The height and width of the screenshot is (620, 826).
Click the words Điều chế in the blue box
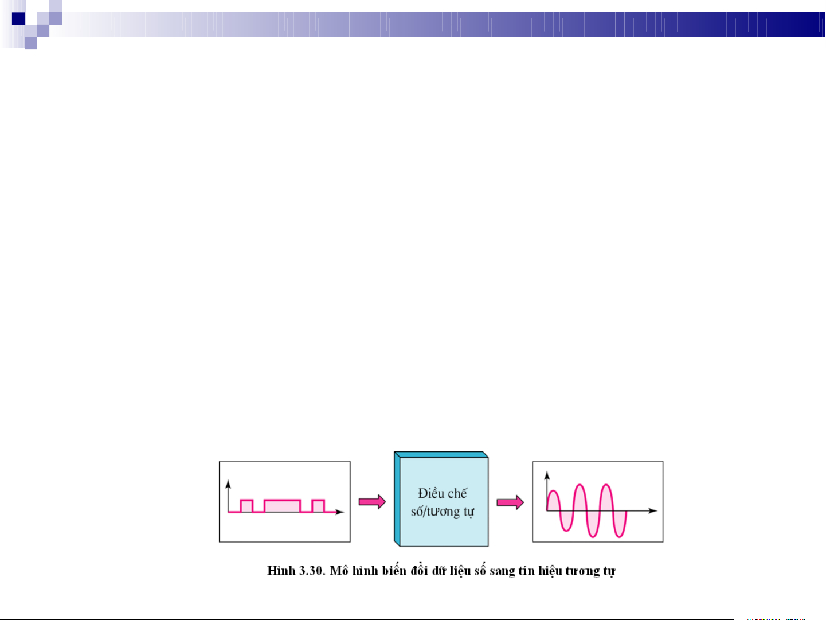pyautogui.click(x=442, y=493)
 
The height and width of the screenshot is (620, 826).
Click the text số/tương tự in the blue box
pyautogui.click(x=442, y=512)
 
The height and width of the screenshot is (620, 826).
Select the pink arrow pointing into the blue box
pyautogui.click(x=372, y=502)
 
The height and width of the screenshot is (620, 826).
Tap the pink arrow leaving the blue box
pyautogui.click(x=510, y=502)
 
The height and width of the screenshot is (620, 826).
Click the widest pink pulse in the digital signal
pyautogui.click(x=282, y=506)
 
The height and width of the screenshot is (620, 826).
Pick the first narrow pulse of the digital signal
pyautogui.click(x=246, y=506)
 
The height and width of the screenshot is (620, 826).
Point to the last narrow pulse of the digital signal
pyautogui.click(x=318, y=506)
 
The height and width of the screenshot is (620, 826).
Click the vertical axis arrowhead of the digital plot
pyautogui.click(x=228, y=484)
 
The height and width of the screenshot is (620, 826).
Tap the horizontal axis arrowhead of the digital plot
pyautogui.click(x=339, y=512)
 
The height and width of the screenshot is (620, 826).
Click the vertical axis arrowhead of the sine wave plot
pyautogui.click(x=547, y=475)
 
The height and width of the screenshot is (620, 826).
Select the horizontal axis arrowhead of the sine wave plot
pyautogui.click(x=652, y=511)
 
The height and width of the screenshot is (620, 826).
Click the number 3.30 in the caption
pyautogui.click(x=312, y=571)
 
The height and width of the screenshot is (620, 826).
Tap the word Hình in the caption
pyautogui.click(x=281, y=571)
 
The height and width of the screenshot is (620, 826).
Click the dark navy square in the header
pyautogui.click(x=18, y=18)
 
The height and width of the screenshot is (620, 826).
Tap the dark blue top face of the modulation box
pyautogui.click(x=441, y=454)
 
